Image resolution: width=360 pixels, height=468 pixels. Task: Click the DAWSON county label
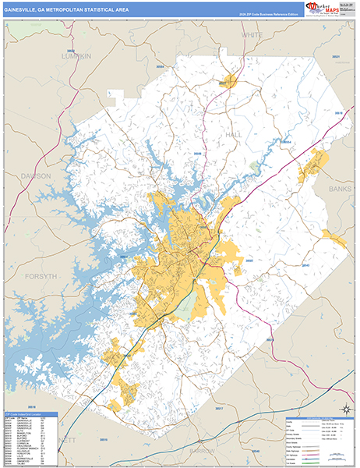tap(36, 176)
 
